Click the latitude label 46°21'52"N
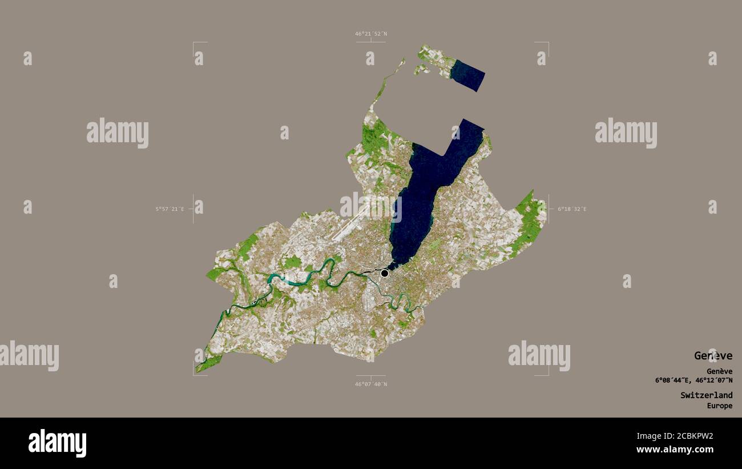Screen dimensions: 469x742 370,34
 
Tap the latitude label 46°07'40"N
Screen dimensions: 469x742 370,384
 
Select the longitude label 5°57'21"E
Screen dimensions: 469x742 170,209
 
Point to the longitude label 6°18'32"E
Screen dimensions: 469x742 572,209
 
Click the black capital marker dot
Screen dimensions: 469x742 385,273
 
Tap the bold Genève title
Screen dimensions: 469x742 713,355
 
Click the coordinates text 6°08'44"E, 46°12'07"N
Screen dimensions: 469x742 693,380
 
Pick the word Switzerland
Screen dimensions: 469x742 706,395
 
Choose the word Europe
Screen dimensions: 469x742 719,406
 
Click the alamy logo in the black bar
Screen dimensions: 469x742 57,443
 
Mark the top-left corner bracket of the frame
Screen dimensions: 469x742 194,43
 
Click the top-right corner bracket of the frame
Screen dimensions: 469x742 547,43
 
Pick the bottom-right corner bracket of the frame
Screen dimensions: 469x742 547,374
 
